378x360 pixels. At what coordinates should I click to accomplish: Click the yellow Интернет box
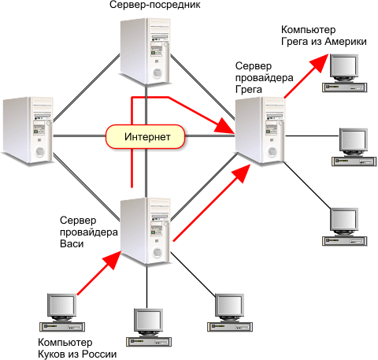(x=145, y=137)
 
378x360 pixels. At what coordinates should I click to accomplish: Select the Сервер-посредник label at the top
(x=155, y=5)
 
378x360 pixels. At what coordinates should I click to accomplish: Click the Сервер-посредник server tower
(x=145, y=51)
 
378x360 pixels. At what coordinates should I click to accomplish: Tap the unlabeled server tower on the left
(x=28, y=130)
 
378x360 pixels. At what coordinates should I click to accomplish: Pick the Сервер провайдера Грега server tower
(x=260, y=130)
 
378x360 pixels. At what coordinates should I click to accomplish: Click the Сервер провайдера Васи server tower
(x=145, y=231)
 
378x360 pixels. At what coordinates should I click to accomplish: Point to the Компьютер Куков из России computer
(x=62, y=313)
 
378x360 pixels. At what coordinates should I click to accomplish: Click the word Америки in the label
(x=346, y=42)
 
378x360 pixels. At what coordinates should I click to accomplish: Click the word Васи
(x=72, y=243)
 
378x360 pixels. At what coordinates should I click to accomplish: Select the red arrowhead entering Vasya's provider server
(x=112, y=260)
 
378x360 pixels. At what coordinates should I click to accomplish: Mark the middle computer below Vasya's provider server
(x=149, y=328)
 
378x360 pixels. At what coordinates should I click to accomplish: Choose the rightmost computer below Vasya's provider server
(x=230, y=313)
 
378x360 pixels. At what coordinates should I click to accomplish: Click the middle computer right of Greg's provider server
(x=354, y=147)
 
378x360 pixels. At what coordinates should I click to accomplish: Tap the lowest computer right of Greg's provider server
(x=344, y=227)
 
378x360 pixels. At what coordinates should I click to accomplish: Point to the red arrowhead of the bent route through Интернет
(x=224, y=126)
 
